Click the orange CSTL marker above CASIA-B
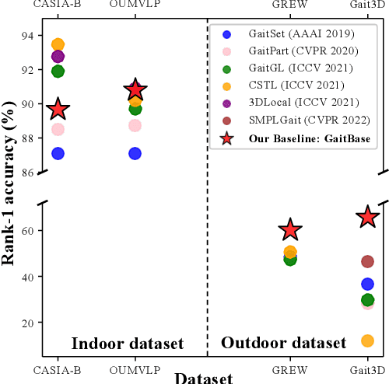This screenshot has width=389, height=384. (x=58, y=45)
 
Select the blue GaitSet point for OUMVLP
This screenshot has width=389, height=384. (x=135, y=153)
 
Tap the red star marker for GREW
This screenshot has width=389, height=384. (x=290, y=229)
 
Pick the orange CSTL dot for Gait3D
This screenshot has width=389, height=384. (x=367, y=340)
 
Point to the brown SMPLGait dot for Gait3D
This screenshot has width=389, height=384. (x=367, y=262)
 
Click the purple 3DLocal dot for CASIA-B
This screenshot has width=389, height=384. (x=58, y=56)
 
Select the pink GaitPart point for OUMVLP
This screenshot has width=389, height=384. (x=135, y=125)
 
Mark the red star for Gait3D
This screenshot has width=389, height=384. (x=367, y=218)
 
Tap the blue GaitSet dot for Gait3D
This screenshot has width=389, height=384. (x=367, y=284)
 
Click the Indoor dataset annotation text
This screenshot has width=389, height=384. (x=128, y=344)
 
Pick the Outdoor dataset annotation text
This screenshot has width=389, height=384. (x=284, y=343)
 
